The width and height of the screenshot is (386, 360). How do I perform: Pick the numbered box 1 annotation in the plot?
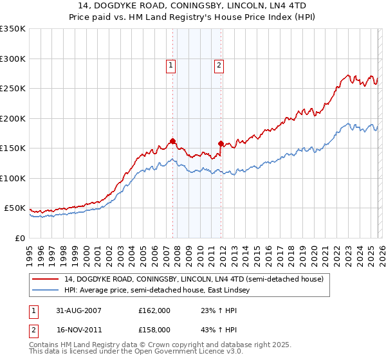tap(171, 64)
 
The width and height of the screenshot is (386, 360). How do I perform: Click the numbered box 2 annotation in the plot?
tap(219, 64)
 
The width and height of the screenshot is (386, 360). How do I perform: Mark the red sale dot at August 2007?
tap(172, 141)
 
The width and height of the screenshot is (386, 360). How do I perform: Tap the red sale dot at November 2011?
tap(221, 143)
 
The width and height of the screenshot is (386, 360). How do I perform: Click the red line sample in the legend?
tap(45, 279)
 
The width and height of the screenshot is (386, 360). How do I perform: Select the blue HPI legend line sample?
tap(45, 291)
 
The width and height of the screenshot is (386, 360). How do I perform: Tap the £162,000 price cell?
tap(154, 310)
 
